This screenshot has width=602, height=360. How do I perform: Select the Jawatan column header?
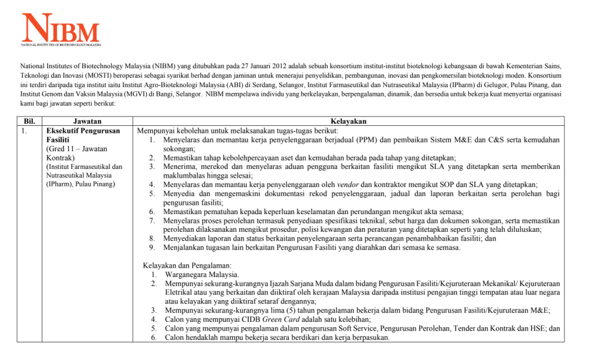[x=86, y=121]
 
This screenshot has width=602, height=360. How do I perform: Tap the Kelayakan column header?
[x=349, y=121]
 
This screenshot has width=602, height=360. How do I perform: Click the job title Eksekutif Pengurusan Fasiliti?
[x=83, y=135]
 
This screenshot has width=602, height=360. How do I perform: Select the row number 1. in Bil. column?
[x=24, y=131]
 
